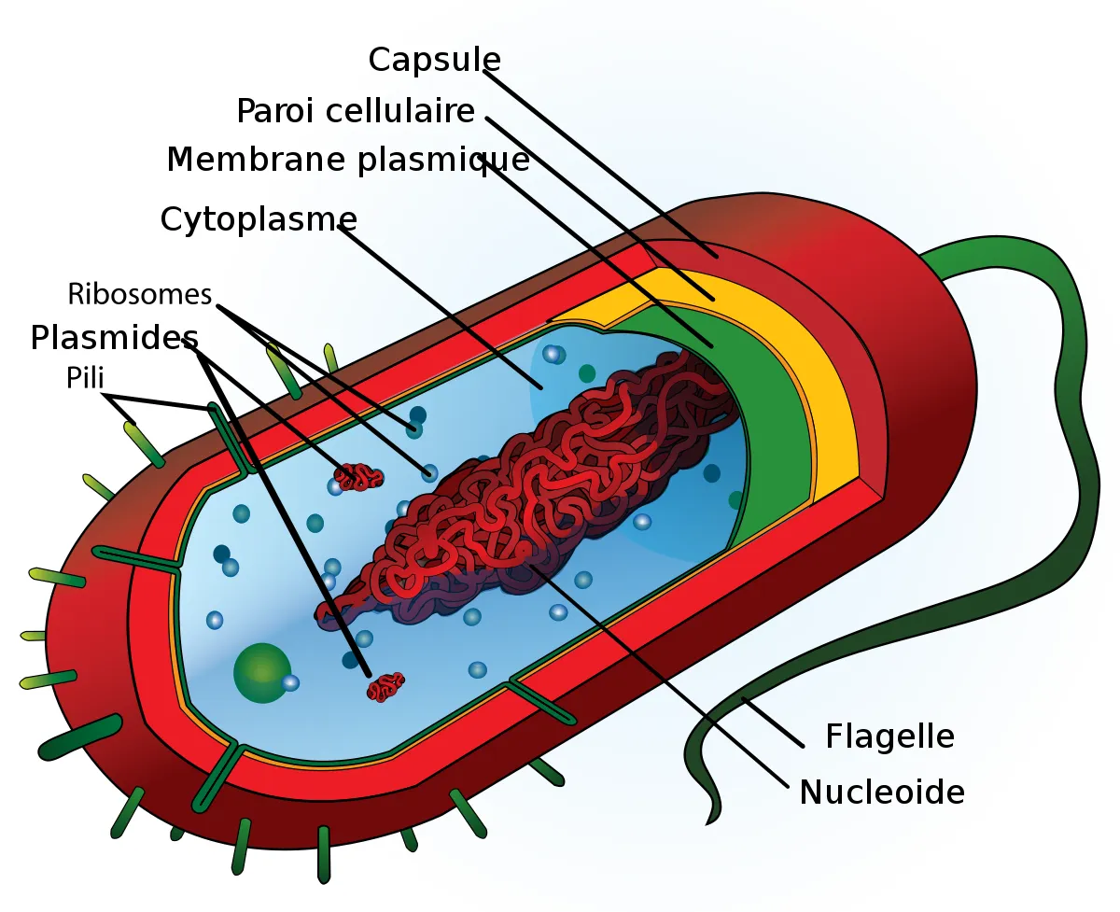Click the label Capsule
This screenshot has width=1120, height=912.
pos(434,60)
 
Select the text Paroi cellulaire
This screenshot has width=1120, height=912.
pos(356,111)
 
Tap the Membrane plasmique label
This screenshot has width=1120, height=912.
pos(347,160)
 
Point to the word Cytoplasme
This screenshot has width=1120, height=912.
pos(259,219)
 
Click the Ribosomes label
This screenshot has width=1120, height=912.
pos(140,294)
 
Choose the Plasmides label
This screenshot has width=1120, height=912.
pos(114,337)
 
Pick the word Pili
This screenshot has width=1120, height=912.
pos(84,377)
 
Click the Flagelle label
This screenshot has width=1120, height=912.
pos(889,737)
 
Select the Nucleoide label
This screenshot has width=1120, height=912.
pos(881,793)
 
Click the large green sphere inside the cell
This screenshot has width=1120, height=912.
pos(260,672)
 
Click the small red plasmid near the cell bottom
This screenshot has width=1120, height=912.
pos(385,687)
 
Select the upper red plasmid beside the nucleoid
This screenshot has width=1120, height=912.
pos(359,477)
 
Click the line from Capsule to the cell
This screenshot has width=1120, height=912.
pos(597,158)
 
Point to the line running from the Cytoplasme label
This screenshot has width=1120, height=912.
pos(439,303)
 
